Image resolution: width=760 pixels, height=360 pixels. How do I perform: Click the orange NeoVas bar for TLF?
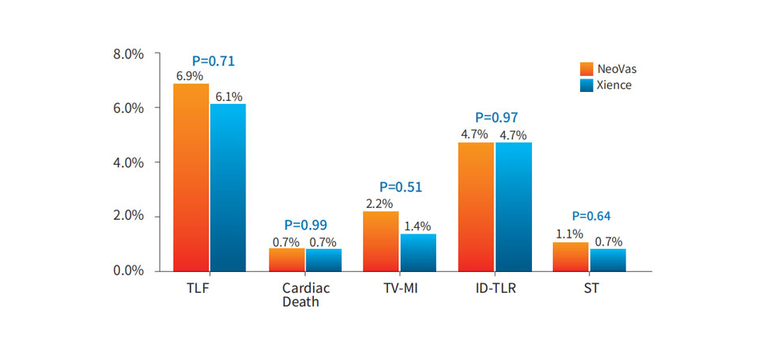tap(190, 178)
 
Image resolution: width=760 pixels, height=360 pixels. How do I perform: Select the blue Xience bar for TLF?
tap(228, 187)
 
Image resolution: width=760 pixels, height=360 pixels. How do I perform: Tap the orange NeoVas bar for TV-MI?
tap(380, 241)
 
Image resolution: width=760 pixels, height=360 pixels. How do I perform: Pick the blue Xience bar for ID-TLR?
tap(514, 206)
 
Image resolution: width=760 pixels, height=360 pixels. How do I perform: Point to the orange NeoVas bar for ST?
tap(570, 256)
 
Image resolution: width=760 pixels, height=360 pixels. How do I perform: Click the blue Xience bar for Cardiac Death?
tap(323, 260)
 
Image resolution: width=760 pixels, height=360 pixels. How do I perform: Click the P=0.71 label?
tap(214, 61)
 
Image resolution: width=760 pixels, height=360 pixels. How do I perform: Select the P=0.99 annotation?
tap(306, 225)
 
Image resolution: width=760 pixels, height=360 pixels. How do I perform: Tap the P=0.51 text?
tap(400, 187)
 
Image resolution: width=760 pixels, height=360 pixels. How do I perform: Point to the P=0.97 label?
tap(496, 118)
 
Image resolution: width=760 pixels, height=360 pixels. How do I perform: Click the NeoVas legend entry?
tap(608, 69)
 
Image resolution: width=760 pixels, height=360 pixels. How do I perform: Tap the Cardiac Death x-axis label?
tap(305, 294)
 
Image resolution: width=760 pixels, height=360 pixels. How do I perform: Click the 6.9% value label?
tap(190, 76)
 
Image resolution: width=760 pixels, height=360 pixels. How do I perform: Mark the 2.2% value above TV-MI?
tap(379, 204)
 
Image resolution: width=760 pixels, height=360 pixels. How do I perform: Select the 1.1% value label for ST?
tap(570, 235)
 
